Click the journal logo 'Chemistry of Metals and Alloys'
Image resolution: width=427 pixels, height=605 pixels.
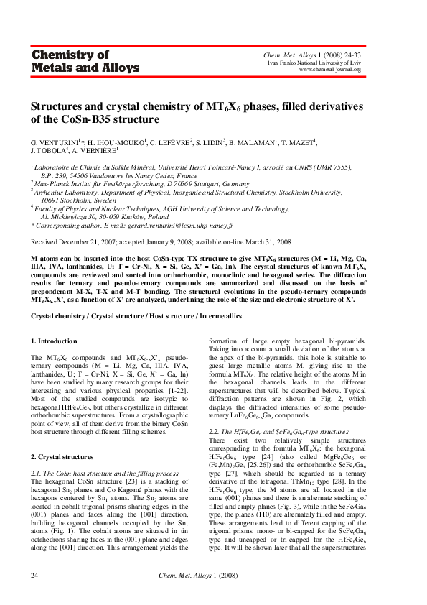click(x=70, y=61)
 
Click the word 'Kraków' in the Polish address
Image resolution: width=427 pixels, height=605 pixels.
click(x=138, y=216)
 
